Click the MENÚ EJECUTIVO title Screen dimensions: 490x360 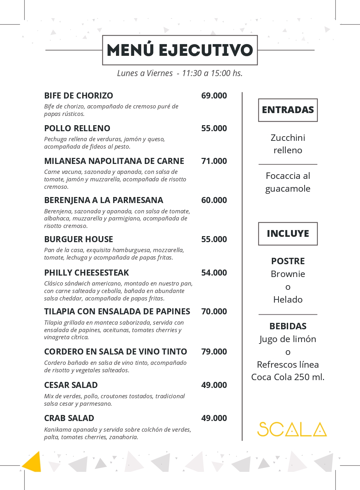(180, 50)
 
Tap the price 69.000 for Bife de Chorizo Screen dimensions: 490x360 (214, 96)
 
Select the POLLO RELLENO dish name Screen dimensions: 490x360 (77, 128)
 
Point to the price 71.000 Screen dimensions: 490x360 (214, 161)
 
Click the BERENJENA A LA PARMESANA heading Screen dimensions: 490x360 (104, 200)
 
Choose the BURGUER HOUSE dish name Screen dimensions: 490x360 (79, 239)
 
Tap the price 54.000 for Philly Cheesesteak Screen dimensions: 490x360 (214, 273)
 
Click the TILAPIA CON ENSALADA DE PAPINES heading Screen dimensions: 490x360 (117, 311)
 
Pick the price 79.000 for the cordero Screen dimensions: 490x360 (214, 352)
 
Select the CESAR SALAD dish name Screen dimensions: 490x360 (71, 385)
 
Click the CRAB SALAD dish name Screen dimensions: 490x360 (69, 418)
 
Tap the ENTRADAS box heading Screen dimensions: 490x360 (288, 110)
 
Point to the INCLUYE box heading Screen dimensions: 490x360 (288, 234)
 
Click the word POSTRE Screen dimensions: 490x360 (288, 261)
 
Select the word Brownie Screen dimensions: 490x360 (288, 274)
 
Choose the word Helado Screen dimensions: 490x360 (288, 299)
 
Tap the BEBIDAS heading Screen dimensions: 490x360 (288, 326)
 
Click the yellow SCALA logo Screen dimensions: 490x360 (292, 429)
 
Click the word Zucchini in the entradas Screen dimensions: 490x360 (288, 138)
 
